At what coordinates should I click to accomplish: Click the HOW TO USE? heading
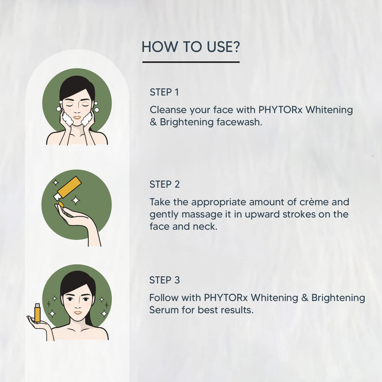click(x=190, y=47)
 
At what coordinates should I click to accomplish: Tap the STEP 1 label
click(x=164, y=92)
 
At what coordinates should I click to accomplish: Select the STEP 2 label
click(x=165, y=184)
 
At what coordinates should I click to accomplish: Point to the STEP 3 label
click(x=165, y=280)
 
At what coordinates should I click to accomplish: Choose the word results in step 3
click(x=237, y=310)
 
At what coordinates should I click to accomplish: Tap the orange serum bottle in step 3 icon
click(x=37, y=312)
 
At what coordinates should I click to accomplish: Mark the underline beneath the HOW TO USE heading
click(x=190, y=62)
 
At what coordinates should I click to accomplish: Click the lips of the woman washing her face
click(x=76, y=117)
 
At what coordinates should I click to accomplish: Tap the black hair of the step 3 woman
click(x=76, y=279)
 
